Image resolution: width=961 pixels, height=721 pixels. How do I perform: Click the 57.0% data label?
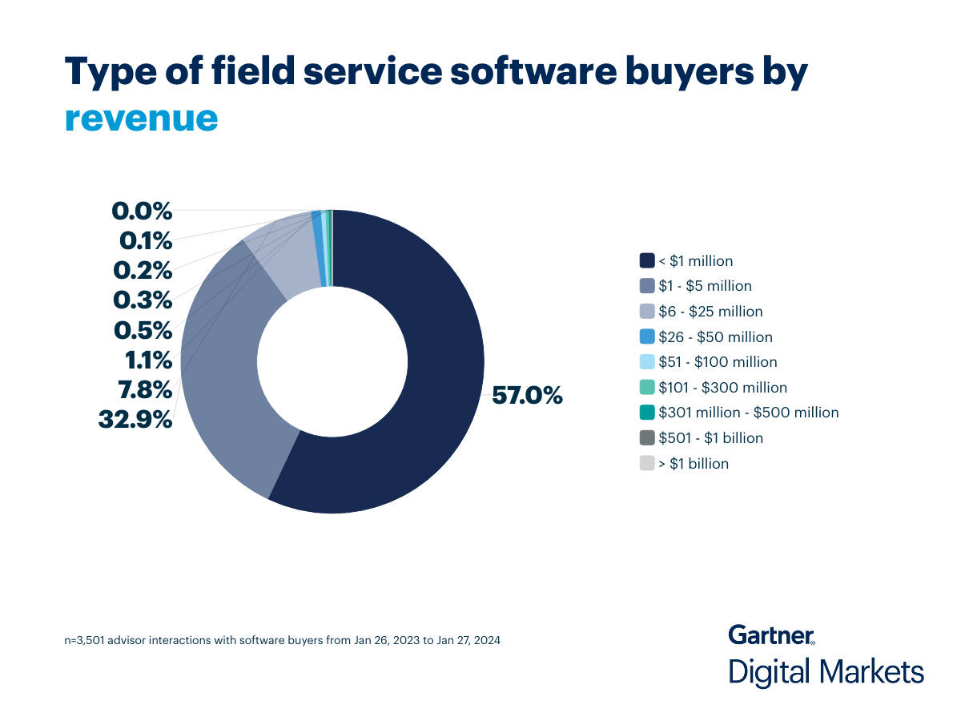coord(527,396)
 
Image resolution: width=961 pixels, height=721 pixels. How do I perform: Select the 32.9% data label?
coord(135,419)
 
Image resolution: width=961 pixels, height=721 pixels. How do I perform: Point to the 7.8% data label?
coord(144,390)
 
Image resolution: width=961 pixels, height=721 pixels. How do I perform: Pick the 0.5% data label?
coord(143,330)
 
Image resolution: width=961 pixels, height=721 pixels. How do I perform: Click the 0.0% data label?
coord(142,211)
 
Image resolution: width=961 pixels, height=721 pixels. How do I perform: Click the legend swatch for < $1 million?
coord(647,260)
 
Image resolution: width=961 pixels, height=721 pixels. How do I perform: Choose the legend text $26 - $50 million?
coord(715,337)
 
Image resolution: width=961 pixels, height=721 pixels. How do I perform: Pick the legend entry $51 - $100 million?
coord(718,362)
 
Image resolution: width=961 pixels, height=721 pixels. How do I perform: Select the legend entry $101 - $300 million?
coord(722,388)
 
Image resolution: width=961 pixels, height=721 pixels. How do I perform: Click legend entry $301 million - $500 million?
coord(748,413)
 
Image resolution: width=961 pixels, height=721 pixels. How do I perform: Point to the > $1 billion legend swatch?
coord(647,464)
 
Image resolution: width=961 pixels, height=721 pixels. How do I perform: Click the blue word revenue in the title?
coord(141,117)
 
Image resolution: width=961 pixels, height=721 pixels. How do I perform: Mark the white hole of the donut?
coord(332,361)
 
